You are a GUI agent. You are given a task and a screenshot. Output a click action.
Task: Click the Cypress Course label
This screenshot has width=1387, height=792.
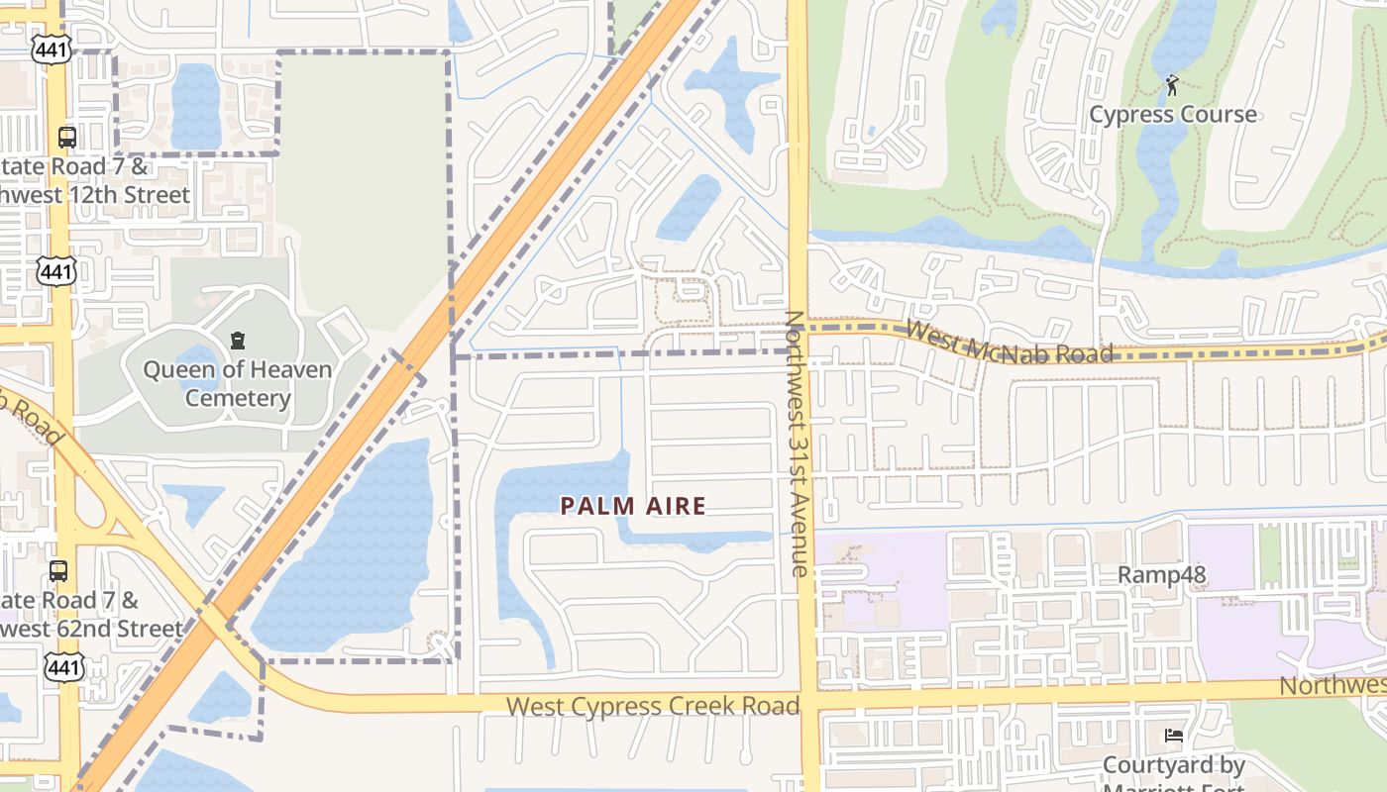coord(1173,115)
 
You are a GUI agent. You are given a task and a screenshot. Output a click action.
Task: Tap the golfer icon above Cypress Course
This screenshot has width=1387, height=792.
coord(1173,85)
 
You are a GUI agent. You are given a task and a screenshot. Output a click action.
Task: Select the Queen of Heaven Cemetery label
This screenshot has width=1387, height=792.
coord(238,384)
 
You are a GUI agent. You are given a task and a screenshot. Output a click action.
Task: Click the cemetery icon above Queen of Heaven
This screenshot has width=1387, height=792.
coord(238,342)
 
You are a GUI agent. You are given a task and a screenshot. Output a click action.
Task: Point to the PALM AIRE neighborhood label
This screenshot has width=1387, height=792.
coord(633,506)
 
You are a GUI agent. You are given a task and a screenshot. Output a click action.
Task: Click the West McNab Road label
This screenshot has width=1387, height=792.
coord(1009,343)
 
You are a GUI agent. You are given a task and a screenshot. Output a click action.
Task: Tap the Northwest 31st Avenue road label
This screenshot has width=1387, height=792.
coord(798,444)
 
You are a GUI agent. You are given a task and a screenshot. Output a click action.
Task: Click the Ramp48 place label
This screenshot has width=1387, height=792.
coord(1162,575)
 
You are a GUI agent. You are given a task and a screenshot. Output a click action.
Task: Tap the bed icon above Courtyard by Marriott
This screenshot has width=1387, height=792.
coord(1174,736)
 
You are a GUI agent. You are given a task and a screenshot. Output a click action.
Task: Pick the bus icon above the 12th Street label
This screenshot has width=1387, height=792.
coord(67,137)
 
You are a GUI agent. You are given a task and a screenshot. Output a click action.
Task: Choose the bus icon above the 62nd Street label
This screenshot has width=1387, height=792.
coord(59,571)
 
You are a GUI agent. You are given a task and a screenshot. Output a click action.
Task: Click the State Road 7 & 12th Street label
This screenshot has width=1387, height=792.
coord(94,181)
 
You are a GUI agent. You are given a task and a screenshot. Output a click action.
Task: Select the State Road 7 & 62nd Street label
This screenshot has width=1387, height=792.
coord(91,615)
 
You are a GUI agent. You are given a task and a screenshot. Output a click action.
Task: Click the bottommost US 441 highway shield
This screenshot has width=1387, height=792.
coord(63,667)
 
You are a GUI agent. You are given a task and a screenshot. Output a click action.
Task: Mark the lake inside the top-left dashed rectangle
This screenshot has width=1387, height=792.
coord(195,106)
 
